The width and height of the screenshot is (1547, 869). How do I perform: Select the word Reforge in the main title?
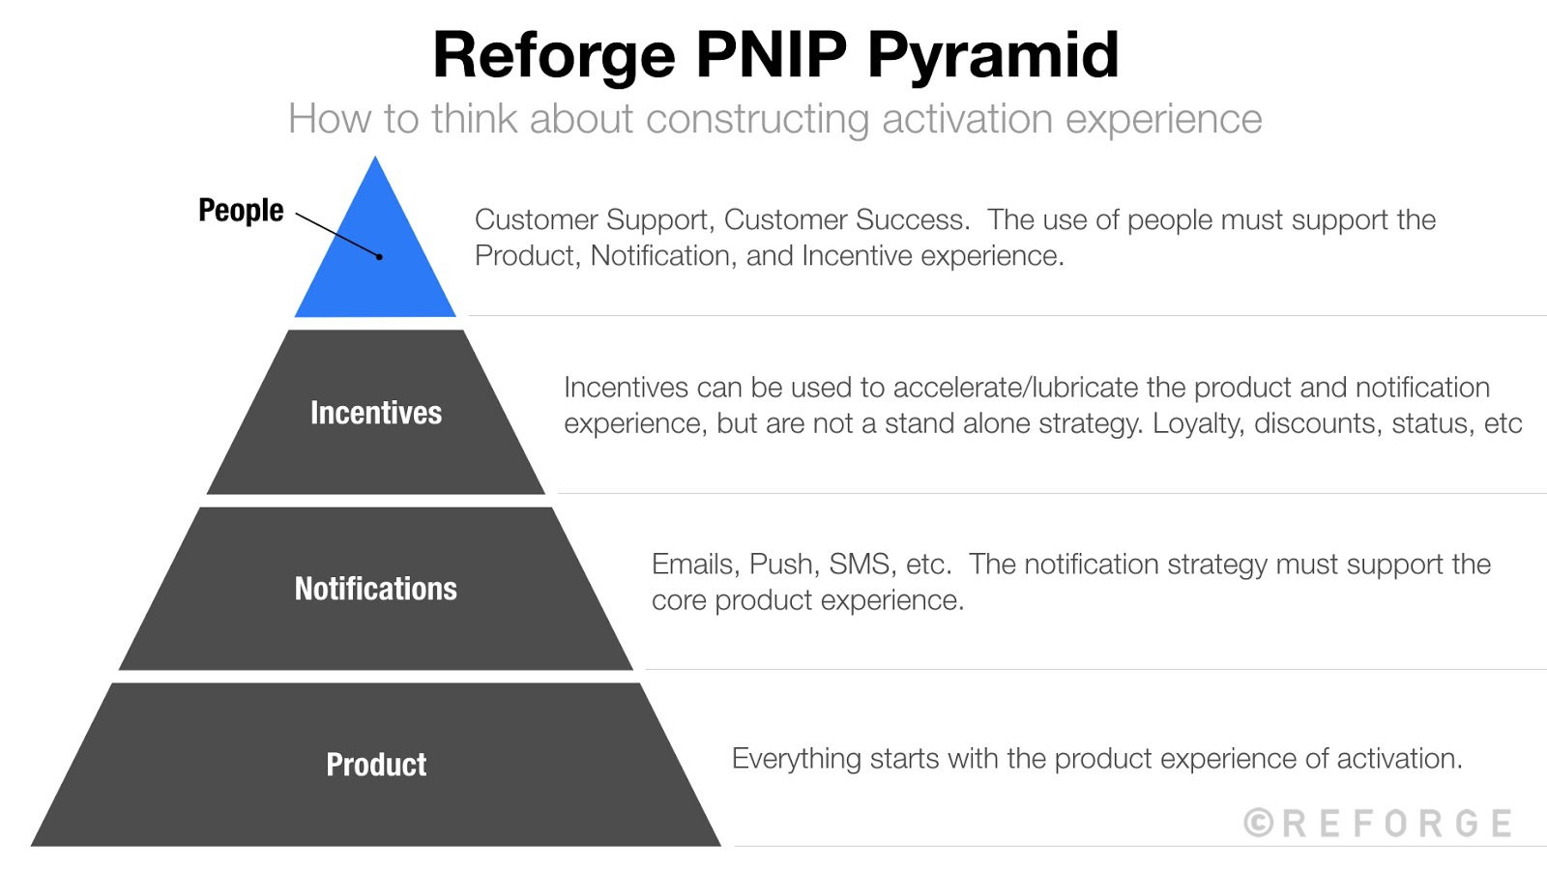tap(554, 55)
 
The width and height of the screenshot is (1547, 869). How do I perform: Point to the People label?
tap(241, 210)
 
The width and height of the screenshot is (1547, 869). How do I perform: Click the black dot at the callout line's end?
tap(380, 257)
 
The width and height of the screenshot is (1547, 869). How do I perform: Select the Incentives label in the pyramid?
tap(375, 413)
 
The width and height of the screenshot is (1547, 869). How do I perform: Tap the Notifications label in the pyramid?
tap(375, 589)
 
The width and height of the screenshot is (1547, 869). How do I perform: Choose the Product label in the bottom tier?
tap(375, 765)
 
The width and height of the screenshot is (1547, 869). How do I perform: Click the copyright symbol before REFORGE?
tap(1258, 824)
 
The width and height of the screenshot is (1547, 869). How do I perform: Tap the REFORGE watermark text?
tap(1396, 824)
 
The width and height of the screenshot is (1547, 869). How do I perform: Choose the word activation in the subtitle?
tap(967, 119)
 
